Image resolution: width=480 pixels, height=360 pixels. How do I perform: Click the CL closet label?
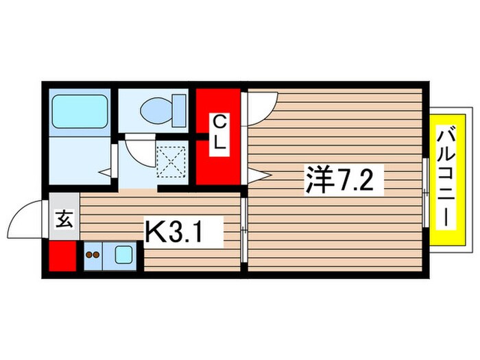219,134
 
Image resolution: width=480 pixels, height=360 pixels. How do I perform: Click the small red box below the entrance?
62,256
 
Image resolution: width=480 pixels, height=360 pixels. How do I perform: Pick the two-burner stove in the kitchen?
93,257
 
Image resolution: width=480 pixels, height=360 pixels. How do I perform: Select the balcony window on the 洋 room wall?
427,192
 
